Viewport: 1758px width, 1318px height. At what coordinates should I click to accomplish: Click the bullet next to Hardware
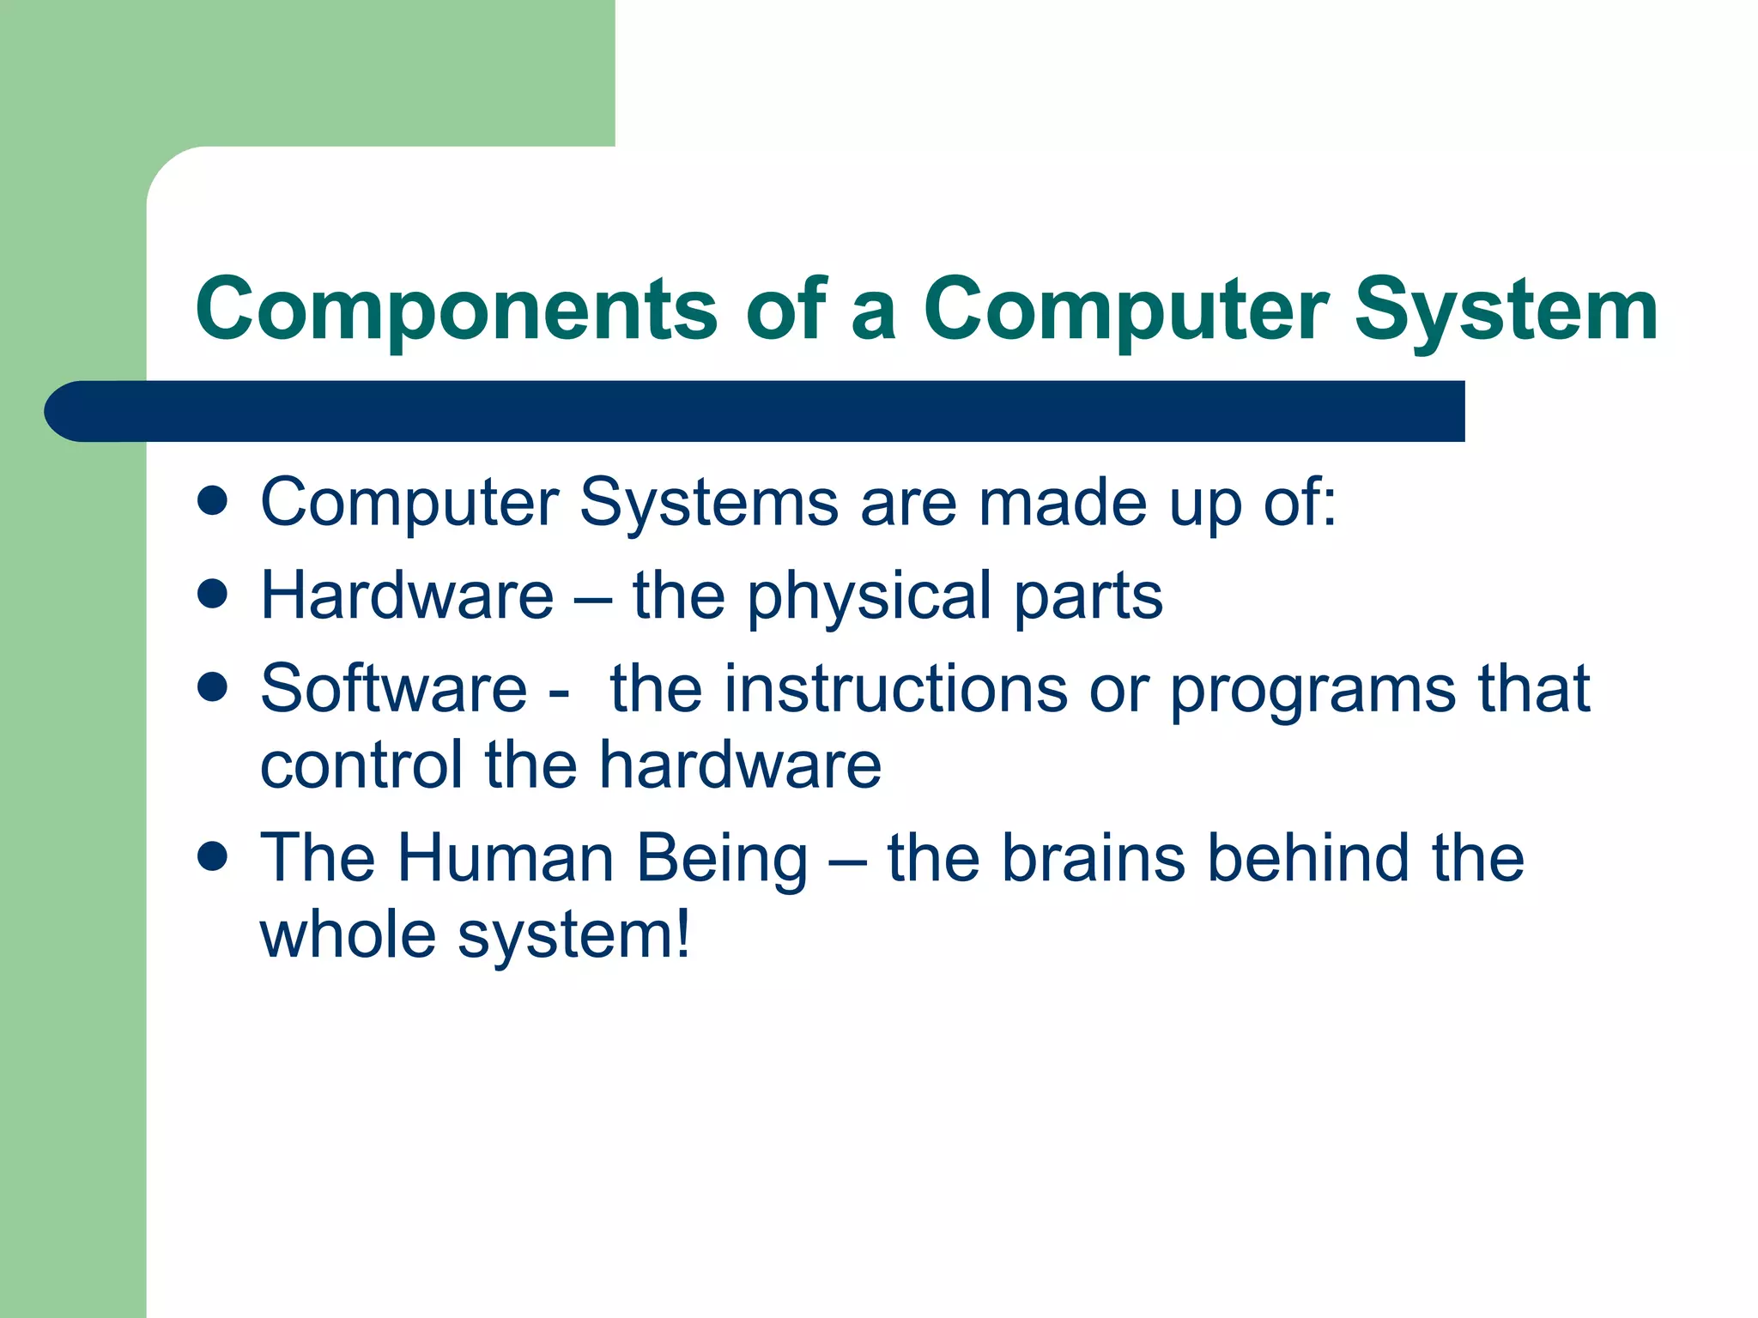pos(211,594)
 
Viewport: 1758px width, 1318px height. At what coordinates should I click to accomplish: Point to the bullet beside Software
pos(211,686)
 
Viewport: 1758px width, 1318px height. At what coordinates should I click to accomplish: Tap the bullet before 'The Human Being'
pos(211,855)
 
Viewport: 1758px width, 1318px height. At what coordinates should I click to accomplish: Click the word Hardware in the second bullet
pos(407,596)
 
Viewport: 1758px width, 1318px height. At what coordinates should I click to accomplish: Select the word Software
pos(393,688)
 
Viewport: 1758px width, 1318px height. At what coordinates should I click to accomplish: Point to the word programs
pos(1312,692)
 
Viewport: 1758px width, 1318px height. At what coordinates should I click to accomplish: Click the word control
pos(361,765)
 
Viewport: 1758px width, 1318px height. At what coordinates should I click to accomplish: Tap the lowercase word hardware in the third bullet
pos(739,765)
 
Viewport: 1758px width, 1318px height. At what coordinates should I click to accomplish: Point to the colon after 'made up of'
pos(1329,506)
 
